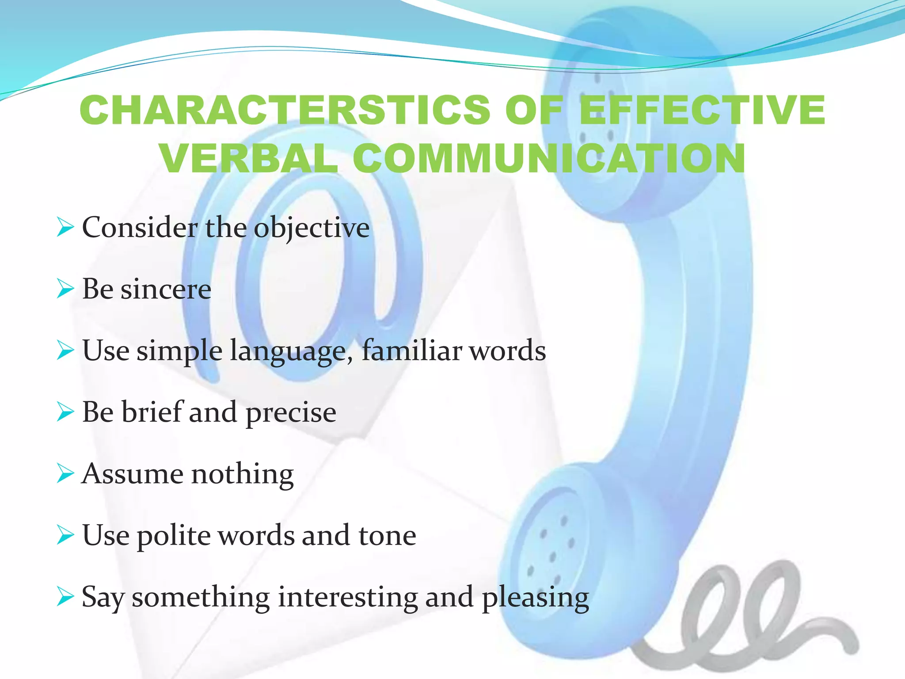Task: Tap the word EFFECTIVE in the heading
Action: pos(702,110)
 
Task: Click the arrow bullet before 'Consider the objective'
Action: pos(65,228)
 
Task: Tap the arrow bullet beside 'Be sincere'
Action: pos(65,290)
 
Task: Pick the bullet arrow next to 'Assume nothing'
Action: pos(65,474)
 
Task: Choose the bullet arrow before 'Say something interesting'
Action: pos(65,597)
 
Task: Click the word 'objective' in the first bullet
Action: pos(312,228)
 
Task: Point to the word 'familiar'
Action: pos(411,351)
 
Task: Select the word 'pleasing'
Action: pos(535,598)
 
